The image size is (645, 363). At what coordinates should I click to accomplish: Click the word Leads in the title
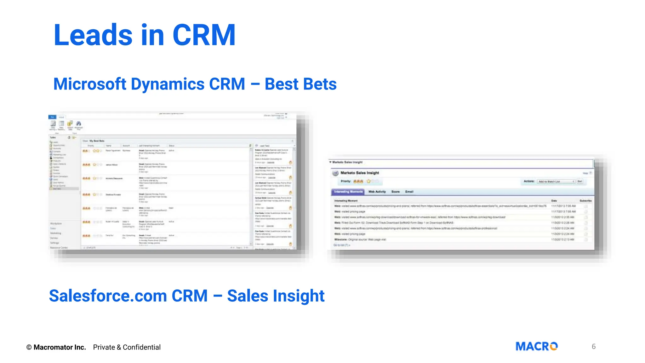pyautogui.click(x=93, y=35)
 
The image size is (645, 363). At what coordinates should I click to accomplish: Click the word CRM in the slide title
pyautogui.click(x=204, y=35)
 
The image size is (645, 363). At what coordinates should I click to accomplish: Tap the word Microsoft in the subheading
pyautogui.click(x=90, y=84)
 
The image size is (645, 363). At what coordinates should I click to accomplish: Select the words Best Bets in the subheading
pyautogui.click(x=300, y=84)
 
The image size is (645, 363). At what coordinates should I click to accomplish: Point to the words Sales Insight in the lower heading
pyautogui.click(x=276, y=296)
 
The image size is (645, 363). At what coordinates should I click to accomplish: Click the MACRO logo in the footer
pyautogui.click(x=536, y=346)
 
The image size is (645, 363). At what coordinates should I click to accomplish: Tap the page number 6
pyautogui.click(x=593, y=347)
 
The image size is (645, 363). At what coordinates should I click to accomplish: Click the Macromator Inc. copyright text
pyautogui.click(x=60, y=347)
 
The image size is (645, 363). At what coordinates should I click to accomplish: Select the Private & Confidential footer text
pyautogui.click(x=127, y=347)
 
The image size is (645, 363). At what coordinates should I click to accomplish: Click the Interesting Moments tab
pyautogui.click(x=348, y=192)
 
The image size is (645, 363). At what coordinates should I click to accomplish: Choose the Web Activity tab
pyautogui.click(x=377, y=192)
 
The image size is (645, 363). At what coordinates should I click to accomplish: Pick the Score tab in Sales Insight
pyautogui.click(x=395, y=192)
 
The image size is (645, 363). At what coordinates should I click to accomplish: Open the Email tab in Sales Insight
pyautogui.click(x=409, y=192)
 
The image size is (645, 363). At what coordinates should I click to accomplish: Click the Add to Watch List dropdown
pyautogui.click(x=556, y=181)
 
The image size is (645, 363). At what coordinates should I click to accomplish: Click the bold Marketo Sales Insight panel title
pyautogui.click(x=360, y=173)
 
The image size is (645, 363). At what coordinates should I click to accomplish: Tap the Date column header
pyautogui.click(x=554, y=201)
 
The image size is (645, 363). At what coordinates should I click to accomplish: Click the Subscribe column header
pyautogui.click(x=585, y=201)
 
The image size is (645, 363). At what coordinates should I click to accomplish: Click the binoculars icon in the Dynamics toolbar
pyautogui.click(x=78, y=124)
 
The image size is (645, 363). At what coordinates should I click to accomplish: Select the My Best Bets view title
pyautogui.click(x=97, y=141)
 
